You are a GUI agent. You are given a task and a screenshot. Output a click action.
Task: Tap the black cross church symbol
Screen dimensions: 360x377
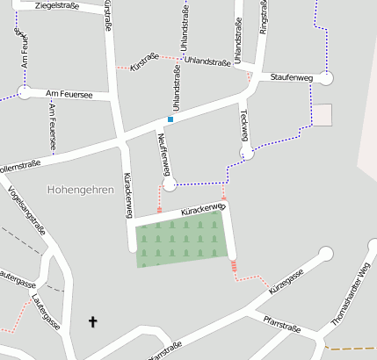93,322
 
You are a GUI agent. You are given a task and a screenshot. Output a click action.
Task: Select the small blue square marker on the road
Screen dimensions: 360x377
170,119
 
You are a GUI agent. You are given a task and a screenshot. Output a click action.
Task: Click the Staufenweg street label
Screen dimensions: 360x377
292,78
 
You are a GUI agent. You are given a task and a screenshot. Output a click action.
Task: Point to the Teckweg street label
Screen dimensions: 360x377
243,126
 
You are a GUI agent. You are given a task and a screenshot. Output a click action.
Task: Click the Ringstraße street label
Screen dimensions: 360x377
263,17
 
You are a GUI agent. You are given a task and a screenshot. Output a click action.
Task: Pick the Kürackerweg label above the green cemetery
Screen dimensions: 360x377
203,211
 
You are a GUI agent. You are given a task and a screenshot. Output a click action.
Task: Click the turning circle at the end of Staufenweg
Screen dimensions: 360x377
326,78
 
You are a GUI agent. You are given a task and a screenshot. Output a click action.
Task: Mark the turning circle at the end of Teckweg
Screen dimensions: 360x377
247,153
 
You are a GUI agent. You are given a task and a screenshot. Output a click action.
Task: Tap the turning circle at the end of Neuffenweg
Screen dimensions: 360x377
170,184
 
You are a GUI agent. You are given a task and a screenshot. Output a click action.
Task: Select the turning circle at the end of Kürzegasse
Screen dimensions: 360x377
326,254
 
